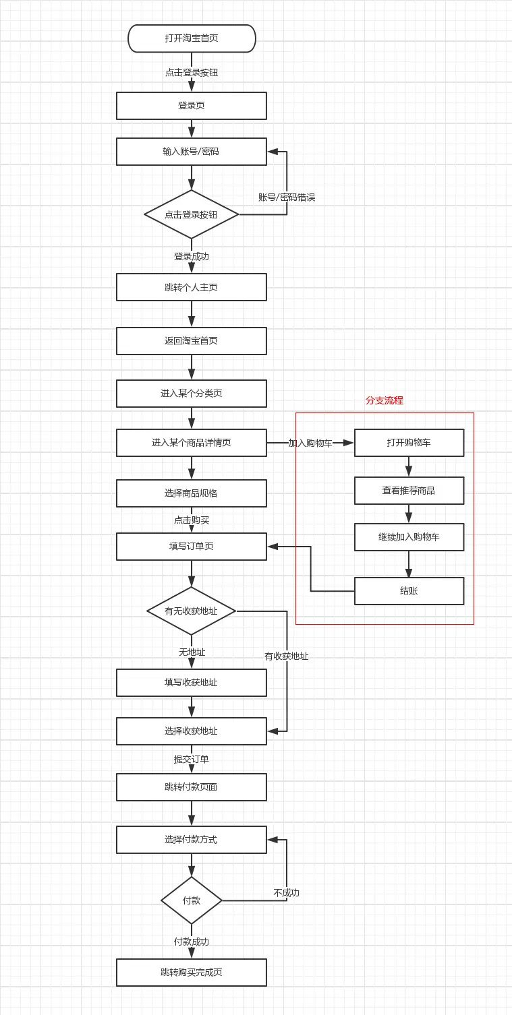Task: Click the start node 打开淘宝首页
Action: pyautogui.click(x=192, y=38)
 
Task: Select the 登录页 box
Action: pyautogui.click(x=192, y=106)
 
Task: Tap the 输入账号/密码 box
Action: pyautogui.click(x=192, y=152)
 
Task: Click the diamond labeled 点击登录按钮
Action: pyautogui.click(x=192, y=214)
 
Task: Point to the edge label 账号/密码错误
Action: pyautogui.click(x=287, y=197)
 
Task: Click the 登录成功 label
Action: pyautogui.click(x=192, y=257)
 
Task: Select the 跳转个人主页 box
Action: pyautogui.click(x=192, y=287)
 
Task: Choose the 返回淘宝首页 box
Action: pyautogui.click(x=192, y=341)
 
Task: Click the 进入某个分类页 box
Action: pyautogui.click(x=192, y=394)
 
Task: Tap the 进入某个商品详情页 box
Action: pyautogui.click(x=192, y=443)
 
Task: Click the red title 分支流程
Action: pyautogui.click(x=385, y=400)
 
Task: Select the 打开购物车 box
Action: pyautogui.click(x=409, y=443)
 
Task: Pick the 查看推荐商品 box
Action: pyautogui.click(x=409, y=491)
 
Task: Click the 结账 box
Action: pyautogui.click(x=409, y=591)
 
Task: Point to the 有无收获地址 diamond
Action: pyautogui.click(x=192, y=611)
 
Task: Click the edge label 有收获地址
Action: pyautogui.click(x=287, y=656)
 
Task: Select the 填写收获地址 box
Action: pyautogui.click(x=192, y=683)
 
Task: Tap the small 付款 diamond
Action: pyautogui.click(x=192, y=900)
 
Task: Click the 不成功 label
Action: pyautogui.click(x=287, y=893)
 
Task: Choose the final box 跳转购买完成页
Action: pyautogui.click(x=192, y=973)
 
